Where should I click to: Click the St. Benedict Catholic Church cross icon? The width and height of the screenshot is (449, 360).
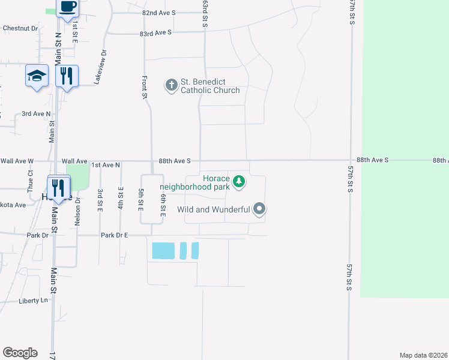pyautogui.click(x=171, y=85)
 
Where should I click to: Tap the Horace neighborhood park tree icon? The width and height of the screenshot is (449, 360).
pyautogui.click(x=239, y=181)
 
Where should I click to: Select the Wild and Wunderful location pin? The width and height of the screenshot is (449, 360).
pyautogui.click(x=259, y=209)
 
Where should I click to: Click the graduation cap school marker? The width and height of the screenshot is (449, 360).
pyautogui.click(x=37, y=76)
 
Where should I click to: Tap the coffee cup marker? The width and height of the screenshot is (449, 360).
pyautogui.click(x=67, y=7)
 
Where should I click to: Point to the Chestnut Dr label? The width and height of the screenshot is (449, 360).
pyautogui.click(x=20, y=28)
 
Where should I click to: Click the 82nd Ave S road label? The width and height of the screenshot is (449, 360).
pyautogui.click(x=159, y=13)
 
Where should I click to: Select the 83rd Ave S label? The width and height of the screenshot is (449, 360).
pyautogui.click(x=155, y=32)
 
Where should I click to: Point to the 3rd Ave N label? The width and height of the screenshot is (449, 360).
pyautogui.click(x=37, y=113)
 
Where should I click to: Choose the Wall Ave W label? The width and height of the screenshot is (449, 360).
pyautogui.click(x=17, y=161)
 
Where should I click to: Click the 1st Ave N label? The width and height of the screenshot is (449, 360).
pyautogui.click(x=106, y=164)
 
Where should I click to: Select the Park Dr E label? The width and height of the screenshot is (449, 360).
pyautogui.click(x=115, y=235)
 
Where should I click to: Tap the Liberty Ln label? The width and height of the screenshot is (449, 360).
pyautogui.click(x=33, y=301)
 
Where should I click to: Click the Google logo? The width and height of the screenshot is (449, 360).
pyautogui.click(x=20, y=353)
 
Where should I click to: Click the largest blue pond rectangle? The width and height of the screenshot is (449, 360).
pyautogui.click(x=164, y=250)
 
